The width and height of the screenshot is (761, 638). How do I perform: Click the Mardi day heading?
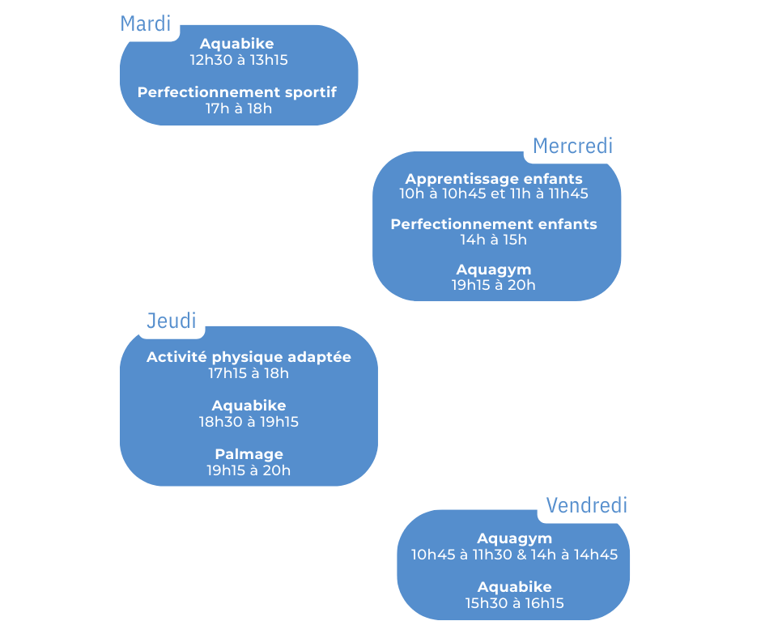[x=146, y=23]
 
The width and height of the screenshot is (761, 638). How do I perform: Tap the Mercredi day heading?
[x=572, y=146]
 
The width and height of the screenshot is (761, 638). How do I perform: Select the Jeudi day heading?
[x=172, y=321]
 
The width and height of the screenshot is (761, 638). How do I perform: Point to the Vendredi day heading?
[x=586, y=505]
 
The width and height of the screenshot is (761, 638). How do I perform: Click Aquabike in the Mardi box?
[x=237, y=44]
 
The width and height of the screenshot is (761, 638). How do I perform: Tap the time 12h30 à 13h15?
[x=239, y=60]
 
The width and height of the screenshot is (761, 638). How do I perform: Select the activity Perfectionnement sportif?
[x=237, y=92]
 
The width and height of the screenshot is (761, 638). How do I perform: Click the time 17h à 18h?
[x=239, y=108]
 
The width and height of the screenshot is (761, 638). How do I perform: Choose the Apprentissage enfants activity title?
[x=494, y=179]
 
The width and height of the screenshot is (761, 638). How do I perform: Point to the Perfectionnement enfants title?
[x=494, y=223]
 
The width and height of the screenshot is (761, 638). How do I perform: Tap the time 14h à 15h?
[x=494, y=240]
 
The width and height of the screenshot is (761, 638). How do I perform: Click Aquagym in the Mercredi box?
[x=494, y=270]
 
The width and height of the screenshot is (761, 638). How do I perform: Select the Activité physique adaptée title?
[x=249, y=357]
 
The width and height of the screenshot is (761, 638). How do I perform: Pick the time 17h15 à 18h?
[x=249, y=373]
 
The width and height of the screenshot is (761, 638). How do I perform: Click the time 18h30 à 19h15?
[x=249, y=422]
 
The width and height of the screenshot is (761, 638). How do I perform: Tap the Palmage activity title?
[x=249, y=454]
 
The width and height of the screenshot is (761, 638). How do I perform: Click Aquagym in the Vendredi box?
[x=514, y=538]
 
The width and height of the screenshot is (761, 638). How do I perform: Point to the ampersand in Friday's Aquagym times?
[x=521, y=555]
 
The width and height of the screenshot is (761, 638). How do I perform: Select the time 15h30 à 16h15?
[x=514, y=603]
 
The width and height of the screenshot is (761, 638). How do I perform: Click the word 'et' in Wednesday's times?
[x=498, y=194]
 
